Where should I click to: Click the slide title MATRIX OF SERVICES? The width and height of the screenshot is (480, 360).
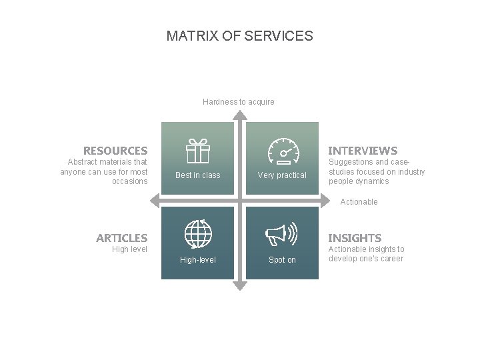[239, 36]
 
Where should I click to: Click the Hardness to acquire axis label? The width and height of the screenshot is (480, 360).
[239, 102]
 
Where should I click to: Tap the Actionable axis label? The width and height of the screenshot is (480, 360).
[359, 202]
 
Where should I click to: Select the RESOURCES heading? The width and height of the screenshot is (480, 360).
[115, 151]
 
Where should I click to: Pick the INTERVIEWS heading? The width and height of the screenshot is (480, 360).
[363, 151]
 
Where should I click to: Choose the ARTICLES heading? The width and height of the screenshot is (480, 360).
[122, 238]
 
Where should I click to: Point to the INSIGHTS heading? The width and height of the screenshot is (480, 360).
[355, 238]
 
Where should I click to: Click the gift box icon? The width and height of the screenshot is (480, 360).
[197, 151]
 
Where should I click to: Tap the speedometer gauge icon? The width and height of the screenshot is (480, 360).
[283, 151]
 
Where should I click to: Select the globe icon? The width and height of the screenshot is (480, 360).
[198, 234]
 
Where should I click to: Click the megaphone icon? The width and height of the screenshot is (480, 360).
[281, 234]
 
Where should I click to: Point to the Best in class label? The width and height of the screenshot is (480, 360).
[197, 175]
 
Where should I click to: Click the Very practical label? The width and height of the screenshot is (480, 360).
[282, 175]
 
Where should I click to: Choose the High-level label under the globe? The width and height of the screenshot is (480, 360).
[198, 260]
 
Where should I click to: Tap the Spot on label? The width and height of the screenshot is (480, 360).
[282, 260]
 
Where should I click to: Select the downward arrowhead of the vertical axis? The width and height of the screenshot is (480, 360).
[240, 286]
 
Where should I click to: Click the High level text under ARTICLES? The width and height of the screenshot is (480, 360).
[130, 249]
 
